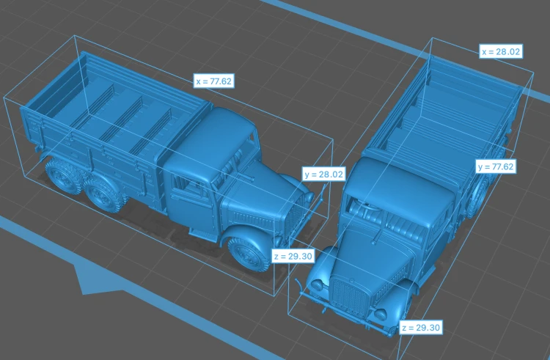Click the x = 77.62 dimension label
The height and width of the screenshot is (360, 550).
pyautogui.click(x=213, y=81)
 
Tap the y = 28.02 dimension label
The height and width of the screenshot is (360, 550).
pyautogui.click(x=323, y=174)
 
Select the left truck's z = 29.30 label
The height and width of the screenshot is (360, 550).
pyautogui.click(x=293, y=256)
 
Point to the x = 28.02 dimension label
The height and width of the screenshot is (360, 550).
pyautogui.click(x=501, y=51)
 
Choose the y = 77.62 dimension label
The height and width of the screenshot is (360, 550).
pyautogui.click(x=496, y=166)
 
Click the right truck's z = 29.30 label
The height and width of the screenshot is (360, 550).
pyautogui.click(x=421, y=328)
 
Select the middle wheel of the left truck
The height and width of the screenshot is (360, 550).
pyautogui.click(x=103, y=194)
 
